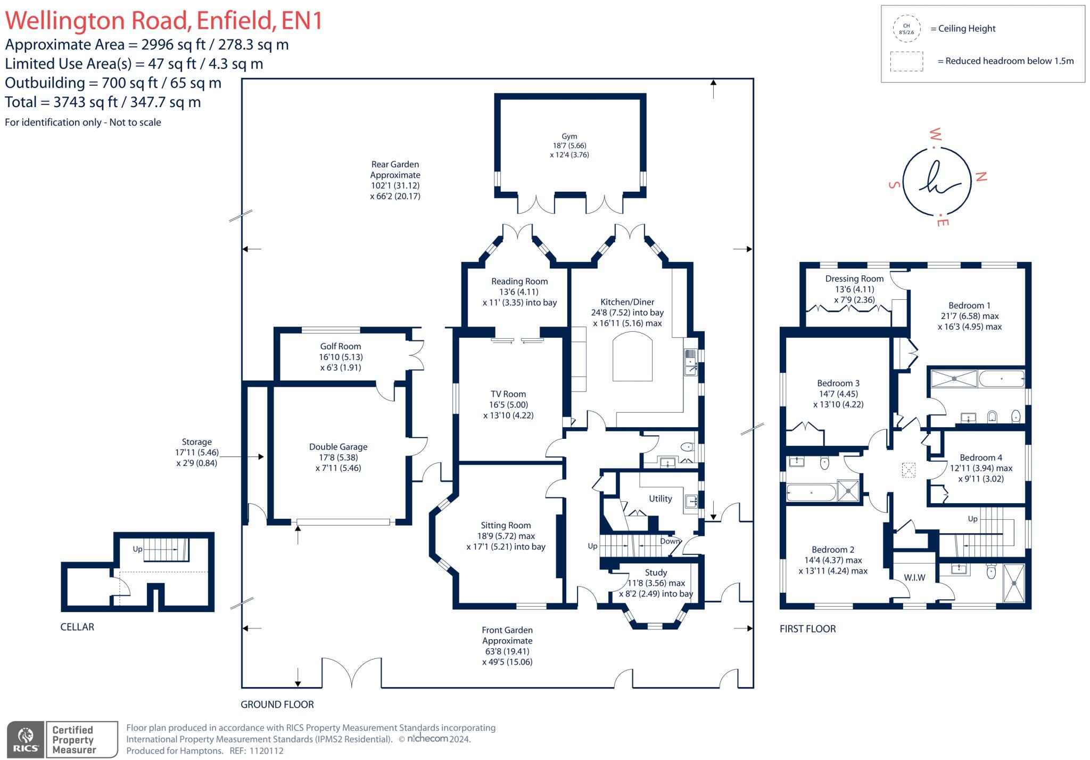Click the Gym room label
(x=569, y=136)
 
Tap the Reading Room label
(x=519, y=281)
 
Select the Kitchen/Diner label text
(x=627, y=302)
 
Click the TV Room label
(x=508, y=394)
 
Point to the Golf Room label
(x=341, y=346)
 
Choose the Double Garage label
(x=338, y=447)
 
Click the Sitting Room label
(x=506, y=525)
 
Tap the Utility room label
(x=660, y=499)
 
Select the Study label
(x=656, y=573)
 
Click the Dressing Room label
(x=854, y=279)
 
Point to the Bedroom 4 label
(x=981, y=457)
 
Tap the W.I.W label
(x=914, y=577)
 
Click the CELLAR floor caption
(x=77, y=627)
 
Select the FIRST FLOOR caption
(x=807, y=629)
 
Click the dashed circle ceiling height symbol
(x=906, y=29)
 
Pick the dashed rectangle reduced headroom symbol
(x=906, y=61)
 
